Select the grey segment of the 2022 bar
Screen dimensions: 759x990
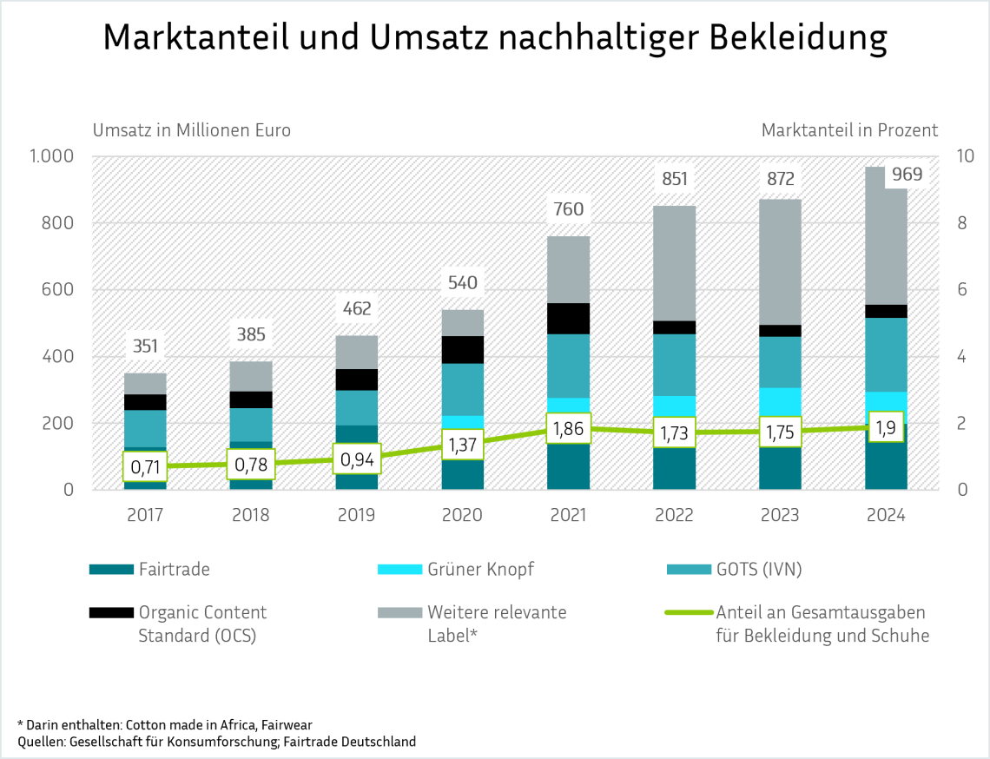[x=674, y=263]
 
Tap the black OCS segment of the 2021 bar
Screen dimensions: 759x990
[x=568, y=319]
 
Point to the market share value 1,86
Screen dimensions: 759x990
[x=568, y=428]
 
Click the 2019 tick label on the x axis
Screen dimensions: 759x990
[x=356, y=515]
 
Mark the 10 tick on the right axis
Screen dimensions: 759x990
[x=965, y=156]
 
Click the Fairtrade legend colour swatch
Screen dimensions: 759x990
[x=110, y=570]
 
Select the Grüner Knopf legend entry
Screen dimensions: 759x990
[x=480, y=570]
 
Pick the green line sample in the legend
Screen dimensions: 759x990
[x=687, y=613]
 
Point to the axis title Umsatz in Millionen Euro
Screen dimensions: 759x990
[x=192, y=130]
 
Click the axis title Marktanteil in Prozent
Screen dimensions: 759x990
[x=849, y=130]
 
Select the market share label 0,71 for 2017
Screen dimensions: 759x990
[x=144, y=467]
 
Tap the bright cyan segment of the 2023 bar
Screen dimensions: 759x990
[x=780, y=400]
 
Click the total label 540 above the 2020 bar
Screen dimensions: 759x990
[x=462, y=283]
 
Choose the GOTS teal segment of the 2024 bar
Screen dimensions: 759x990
[x=886, y=354]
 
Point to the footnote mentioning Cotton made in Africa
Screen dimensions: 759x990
[x=165, y=723]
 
